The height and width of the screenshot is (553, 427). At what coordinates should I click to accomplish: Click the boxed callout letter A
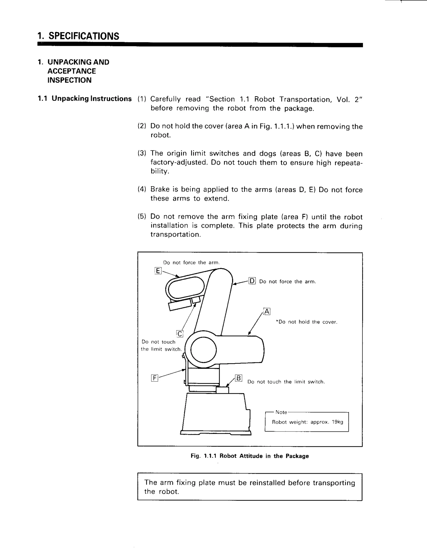click(267, 311)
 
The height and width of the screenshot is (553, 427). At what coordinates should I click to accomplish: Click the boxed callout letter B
click(239, 378)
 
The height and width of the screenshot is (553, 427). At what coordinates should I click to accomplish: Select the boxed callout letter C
click(180, 334)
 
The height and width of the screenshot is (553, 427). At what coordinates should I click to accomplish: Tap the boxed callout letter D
click(252, 281)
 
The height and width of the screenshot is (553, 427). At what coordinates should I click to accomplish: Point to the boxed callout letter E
click(158, 271)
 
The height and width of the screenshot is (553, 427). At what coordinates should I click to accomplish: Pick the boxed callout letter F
click(154, 378)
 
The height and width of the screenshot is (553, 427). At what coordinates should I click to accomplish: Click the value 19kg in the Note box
click(338, 422)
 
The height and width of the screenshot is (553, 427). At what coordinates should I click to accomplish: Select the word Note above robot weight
click(281, 412)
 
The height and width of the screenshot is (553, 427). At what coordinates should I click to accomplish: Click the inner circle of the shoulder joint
click(203, 350)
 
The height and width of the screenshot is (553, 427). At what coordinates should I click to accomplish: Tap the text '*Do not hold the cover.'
click(306, 322)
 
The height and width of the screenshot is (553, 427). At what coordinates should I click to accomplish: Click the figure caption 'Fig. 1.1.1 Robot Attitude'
click(249, 456)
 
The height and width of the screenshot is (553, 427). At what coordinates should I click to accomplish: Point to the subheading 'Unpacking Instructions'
click(92, 98)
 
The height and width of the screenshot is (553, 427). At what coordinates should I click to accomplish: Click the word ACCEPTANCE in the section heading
click(72, 71)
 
